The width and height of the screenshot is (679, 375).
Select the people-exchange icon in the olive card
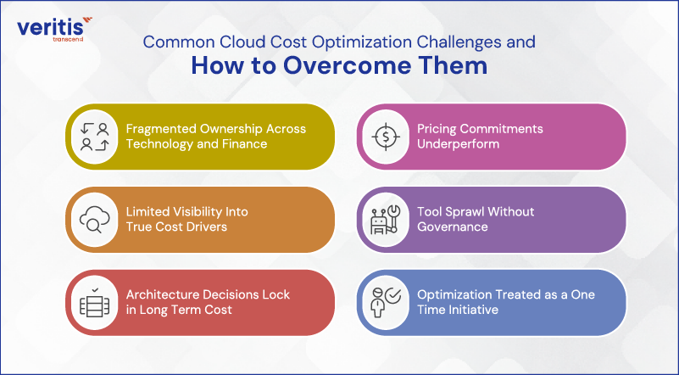pyautogui.click(x=92, y=137)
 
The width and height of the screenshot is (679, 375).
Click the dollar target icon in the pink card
pyautogui.click(x=385, y=137)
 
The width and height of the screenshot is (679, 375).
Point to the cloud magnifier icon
pyautogui.click(x=92, y=220)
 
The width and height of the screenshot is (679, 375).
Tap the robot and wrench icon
pyautogui.click(x=385, y=220)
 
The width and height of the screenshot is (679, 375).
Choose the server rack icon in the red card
pyautogui.click(x=92, y=303)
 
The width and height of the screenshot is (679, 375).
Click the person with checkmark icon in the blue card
pyautogui.click(x=385, y=303)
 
